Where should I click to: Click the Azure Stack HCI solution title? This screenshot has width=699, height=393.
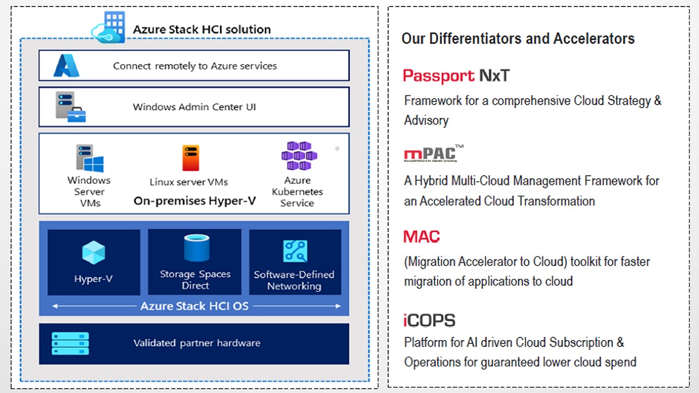202,29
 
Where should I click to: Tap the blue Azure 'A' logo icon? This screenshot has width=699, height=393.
66,66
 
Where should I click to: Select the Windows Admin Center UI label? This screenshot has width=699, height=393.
194,107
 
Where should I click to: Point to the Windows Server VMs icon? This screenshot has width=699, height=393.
89,158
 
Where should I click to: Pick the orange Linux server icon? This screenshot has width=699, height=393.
191,158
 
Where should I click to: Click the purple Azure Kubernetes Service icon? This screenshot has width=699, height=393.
299,156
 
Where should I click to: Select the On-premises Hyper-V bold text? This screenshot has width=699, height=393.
194,201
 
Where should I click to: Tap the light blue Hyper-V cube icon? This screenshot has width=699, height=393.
93,253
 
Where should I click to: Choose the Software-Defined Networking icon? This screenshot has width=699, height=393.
295,251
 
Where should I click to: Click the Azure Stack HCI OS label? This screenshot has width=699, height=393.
194,306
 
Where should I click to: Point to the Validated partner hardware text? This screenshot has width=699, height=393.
197,343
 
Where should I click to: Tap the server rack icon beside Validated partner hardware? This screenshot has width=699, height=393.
70,343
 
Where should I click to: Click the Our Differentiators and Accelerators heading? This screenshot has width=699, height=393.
518,39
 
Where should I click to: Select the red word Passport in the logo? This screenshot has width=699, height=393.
439,75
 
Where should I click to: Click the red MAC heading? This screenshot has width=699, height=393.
422,237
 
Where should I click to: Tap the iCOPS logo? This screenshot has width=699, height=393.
429,320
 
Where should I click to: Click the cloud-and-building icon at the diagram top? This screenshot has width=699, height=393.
109,27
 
